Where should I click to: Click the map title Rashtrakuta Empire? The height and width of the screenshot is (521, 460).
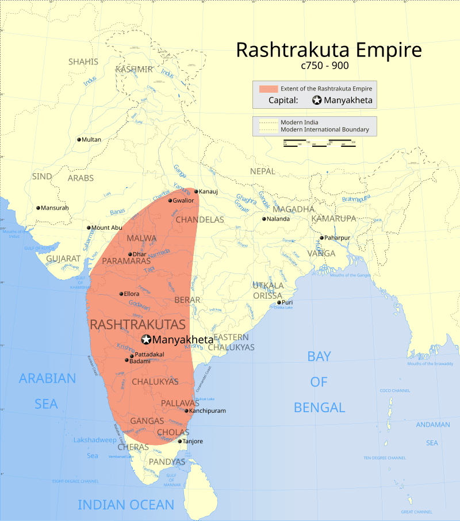coord(329,50)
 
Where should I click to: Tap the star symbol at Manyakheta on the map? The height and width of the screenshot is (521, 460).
coord(146,340)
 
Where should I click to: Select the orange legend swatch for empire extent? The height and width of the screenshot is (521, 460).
coord(268,89)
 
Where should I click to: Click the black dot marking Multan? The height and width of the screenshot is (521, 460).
coord(79,139)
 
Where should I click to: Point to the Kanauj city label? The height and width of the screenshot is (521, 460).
coord(209,191)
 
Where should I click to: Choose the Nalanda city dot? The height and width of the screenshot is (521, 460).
coord(264,219)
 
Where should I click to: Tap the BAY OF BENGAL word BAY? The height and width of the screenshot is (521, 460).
coord(319,356)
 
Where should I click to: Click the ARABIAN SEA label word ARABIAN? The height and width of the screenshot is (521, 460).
coord(47,378)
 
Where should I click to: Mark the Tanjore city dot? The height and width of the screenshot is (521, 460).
coord(180,442)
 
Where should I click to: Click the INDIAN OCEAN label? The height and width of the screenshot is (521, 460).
coord(126,505)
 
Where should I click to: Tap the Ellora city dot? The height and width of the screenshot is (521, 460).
coord(121,294)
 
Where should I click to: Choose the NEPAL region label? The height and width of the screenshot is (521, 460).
coord(263,172)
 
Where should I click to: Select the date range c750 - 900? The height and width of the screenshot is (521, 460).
coord(329,66)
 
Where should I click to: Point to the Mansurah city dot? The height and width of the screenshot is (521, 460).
coord(39,208)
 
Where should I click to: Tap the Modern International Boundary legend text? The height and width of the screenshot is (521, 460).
coord(325,130)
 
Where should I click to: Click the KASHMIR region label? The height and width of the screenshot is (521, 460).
coord(134,69)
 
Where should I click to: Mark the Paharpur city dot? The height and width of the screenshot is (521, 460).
coord(323,238)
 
